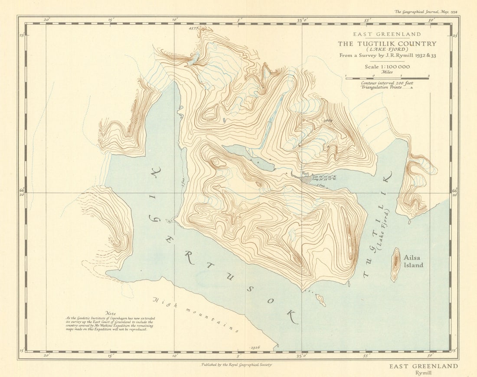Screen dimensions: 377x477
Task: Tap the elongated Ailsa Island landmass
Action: pos(395,264)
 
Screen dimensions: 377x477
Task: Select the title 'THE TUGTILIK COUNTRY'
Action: pos(387,44)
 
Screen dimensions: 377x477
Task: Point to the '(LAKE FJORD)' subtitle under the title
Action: pos(388,49)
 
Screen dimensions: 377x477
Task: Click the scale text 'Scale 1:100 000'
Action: pos(387,67)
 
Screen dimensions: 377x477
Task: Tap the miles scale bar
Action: pos(387,78)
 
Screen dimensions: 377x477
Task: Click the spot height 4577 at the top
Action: pos(193,28)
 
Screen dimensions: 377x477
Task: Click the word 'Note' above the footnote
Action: pos(111,313)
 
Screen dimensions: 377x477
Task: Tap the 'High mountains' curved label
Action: pos(195,314)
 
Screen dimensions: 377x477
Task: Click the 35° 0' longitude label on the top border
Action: pos(302,20)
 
